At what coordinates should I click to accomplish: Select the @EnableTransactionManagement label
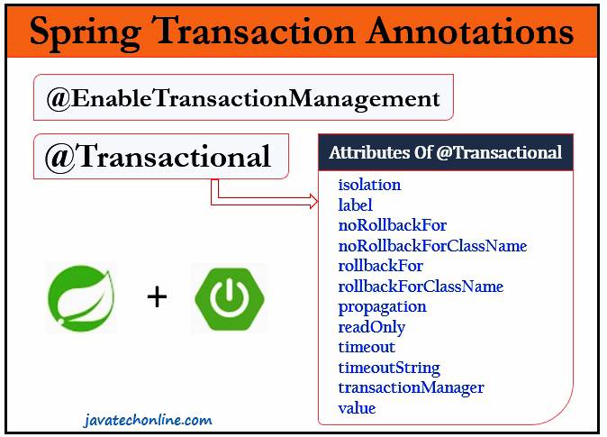click(243, 99)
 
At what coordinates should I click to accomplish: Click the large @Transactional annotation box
click(159, 157)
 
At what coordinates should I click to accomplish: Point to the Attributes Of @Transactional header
click(445, 152)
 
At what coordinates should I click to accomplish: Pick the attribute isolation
click(369, 185)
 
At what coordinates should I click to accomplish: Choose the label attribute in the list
click(355, 205)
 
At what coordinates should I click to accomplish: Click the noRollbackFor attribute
click(392, 225)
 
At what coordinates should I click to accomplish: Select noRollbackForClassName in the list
click(432, 246)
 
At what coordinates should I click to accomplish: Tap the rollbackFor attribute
click(380, 266)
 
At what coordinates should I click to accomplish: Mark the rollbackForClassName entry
click(421, 287)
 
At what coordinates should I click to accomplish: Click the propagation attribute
click(382, 306)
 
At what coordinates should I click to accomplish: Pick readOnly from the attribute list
click(371, 327)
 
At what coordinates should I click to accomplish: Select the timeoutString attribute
click(389, 368)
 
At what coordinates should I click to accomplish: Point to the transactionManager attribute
click(411, 387)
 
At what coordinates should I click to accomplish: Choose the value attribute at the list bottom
click(357, 408)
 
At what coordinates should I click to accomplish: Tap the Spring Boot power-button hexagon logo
click(229, 298)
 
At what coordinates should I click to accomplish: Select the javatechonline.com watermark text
click(144, 420)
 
